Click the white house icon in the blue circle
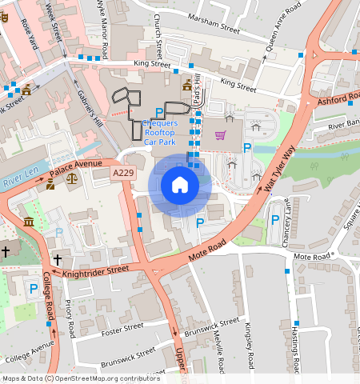(180, 186)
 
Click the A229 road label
(123, 173)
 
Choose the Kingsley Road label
(250, 341)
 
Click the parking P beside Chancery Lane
(275, 221)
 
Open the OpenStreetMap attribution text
(80, 378)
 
